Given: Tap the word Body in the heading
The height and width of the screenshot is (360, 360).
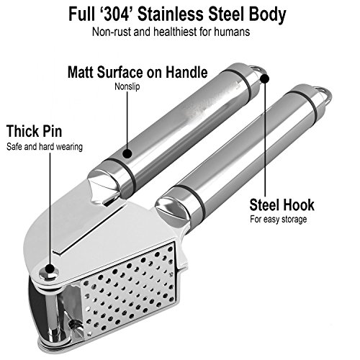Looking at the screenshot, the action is [267, 15].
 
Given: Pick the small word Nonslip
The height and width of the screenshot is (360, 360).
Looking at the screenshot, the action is [127, 86].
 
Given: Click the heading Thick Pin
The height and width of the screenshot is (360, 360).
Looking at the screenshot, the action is [35, 131].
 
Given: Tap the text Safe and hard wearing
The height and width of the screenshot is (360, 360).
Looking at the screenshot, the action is [45, 147].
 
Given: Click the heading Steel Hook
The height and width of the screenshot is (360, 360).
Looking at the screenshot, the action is [282, 204].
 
